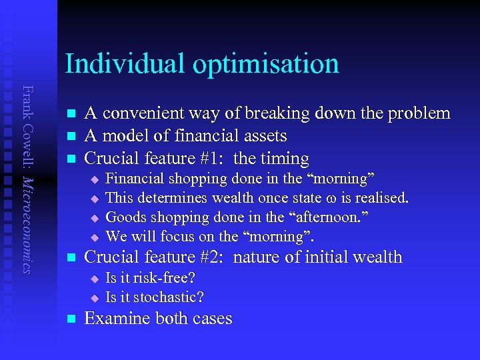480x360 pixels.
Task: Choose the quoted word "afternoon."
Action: point(337,217)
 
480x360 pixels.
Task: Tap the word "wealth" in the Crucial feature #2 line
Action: point(377,257)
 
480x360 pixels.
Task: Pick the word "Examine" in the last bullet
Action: point(117,319)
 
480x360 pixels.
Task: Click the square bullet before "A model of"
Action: point(71,136)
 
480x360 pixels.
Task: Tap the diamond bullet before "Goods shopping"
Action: point(94,218)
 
